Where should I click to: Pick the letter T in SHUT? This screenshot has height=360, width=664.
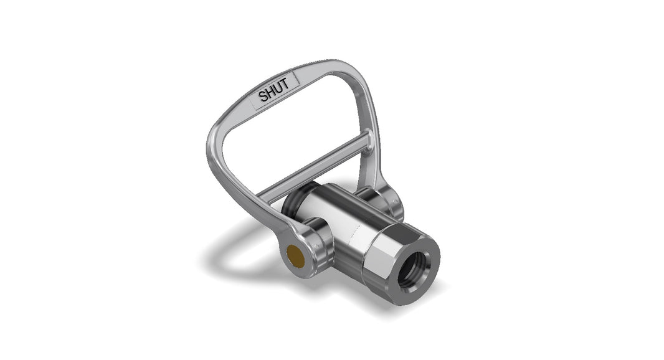coord(286,84)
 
